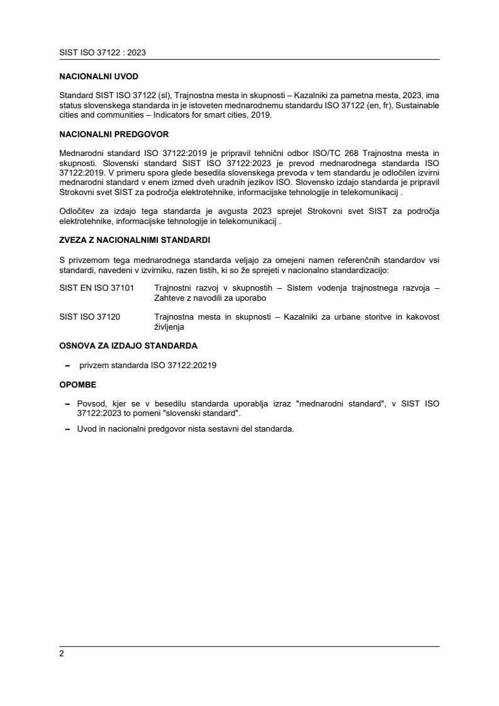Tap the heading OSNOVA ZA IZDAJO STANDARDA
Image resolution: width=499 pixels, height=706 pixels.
click(x=128, y=345)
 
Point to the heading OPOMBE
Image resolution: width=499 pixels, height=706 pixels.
click(x=78, y=384)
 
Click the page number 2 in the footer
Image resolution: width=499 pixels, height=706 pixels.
click(x=62, y=653)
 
